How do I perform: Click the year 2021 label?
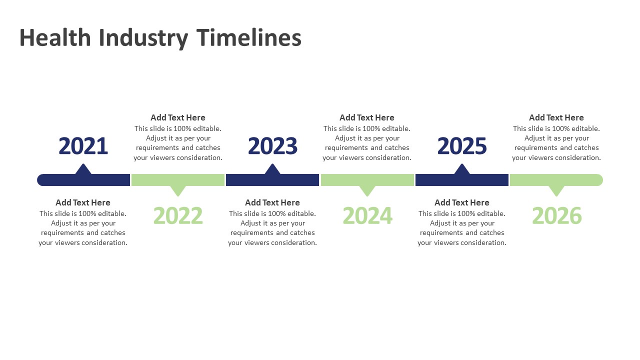[x=83, y=146]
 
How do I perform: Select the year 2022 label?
[x=178, y=215]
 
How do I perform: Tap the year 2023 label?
[x=272, y=146]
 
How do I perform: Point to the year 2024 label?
[x=367, y=215]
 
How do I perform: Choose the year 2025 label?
[x=462, y=146]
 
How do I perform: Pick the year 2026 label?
[x=557, y=215]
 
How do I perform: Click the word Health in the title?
[x=55, y=37]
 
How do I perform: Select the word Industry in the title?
[x=143, y=38]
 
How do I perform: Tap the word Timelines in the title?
[x=249, y=37]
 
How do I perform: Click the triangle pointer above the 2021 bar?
[x=83, y=169]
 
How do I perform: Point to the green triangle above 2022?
[x=178, y=191]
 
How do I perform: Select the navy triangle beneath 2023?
[x=272, y=169]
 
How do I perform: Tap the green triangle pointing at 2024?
[x=367, y=191]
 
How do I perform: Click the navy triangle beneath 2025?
[x=462, y=169]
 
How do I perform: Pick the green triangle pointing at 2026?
[x=556, y=191]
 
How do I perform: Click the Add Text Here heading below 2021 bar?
[x=83, y=202]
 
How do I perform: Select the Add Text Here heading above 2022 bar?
[x=178, y=117]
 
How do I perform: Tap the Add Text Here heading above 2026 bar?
[x=556, y=117]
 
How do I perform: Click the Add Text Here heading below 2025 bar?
[x=462, y=202]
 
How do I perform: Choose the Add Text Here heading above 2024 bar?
[x=367, y=117]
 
